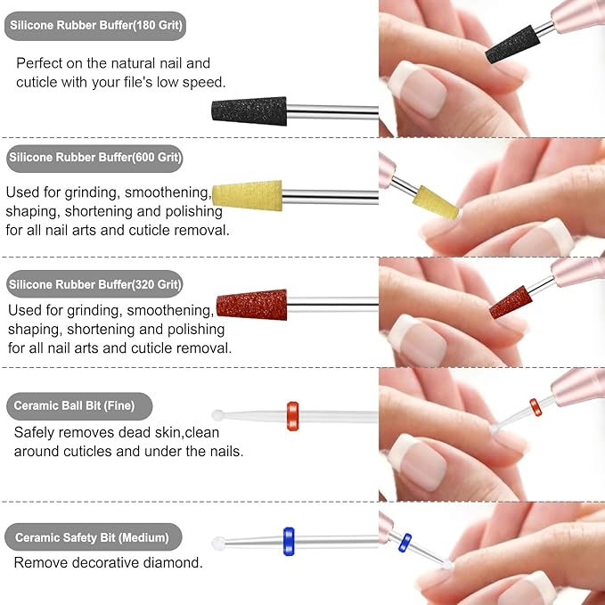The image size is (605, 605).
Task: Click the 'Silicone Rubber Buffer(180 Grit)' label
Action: coord(95,27)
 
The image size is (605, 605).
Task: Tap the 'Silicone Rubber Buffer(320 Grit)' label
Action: coord(95,285)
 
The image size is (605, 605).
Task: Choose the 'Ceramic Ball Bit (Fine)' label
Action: coord(79,406)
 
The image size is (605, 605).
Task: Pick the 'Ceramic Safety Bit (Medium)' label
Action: coord(94,537)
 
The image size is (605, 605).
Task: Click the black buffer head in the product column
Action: coord(249,111)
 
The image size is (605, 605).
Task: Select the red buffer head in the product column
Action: coord(252,304)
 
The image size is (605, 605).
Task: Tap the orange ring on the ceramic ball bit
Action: coord(292,416)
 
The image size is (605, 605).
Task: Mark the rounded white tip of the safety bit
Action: coord(217,543)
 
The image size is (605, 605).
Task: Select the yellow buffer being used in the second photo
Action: coord(436,202)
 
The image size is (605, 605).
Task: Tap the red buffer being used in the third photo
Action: coord(511,302)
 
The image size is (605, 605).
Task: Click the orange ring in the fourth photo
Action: coord(536,407)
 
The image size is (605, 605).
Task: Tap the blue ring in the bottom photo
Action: coord(405,541)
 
